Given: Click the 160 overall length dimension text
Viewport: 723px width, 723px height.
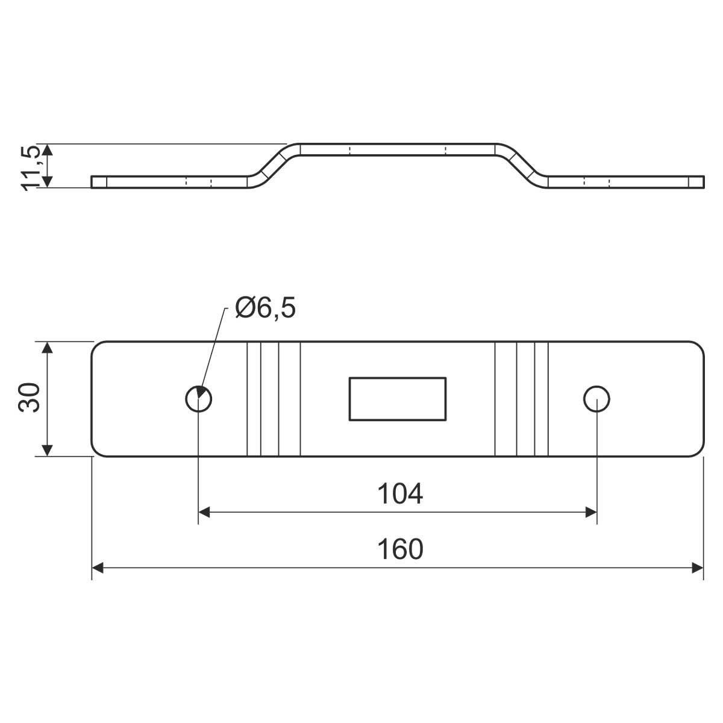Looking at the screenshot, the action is tap(400, 549).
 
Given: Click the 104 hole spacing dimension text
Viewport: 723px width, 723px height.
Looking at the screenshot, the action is tap(400, 494).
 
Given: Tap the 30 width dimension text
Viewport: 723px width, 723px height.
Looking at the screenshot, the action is tap(30, 398).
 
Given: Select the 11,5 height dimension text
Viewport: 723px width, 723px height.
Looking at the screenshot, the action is tap(30, 168).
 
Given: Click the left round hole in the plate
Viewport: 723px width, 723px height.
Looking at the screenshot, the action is tap(198, 399).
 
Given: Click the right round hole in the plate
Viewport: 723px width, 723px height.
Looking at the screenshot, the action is tap(596, 399).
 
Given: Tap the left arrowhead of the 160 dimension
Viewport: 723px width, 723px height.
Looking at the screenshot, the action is tap(98, 568).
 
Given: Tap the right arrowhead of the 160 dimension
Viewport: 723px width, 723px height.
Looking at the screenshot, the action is tap(698, 568).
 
